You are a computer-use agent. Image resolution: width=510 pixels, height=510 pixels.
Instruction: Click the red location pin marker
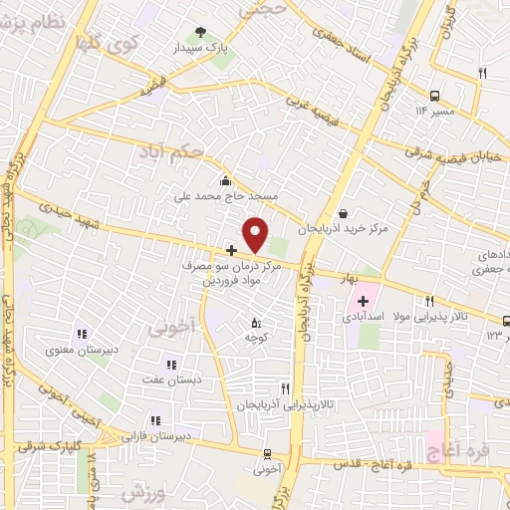256,234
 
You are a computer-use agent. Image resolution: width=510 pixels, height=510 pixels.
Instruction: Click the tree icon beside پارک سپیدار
202,32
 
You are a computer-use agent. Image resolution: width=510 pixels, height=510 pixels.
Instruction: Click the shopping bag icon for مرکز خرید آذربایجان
343,212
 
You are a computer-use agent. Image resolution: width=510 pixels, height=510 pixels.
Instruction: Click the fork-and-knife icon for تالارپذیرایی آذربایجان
285,388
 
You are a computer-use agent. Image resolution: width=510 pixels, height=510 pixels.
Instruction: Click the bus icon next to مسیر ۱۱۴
434,97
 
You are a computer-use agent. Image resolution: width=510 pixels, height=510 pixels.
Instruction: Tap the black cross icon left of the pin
231,249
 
